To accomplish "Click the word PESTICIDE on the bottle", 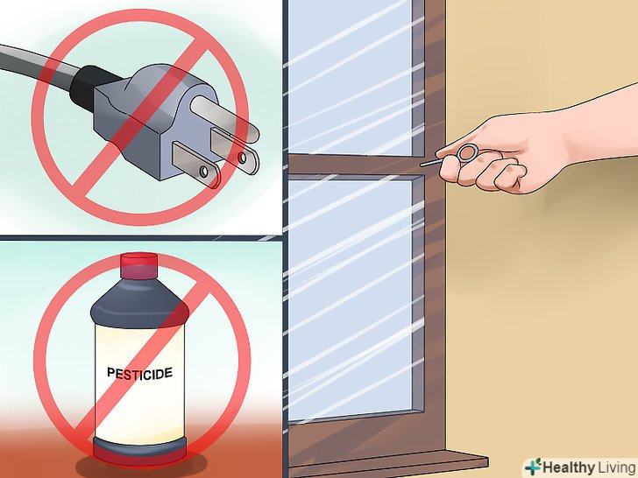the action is click(x=139, y=374).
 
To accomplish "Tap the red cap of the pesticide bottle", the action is click(x=138, y=266).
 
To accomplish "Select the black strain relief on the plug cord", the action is click(x=88, y=88).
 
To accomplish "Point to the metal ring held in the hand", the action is click(x=467, y=153).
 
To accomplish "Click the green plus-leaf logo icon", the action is click(x=533, y=467).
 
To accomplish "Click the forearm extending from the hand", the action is click(x=598, y=122).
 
